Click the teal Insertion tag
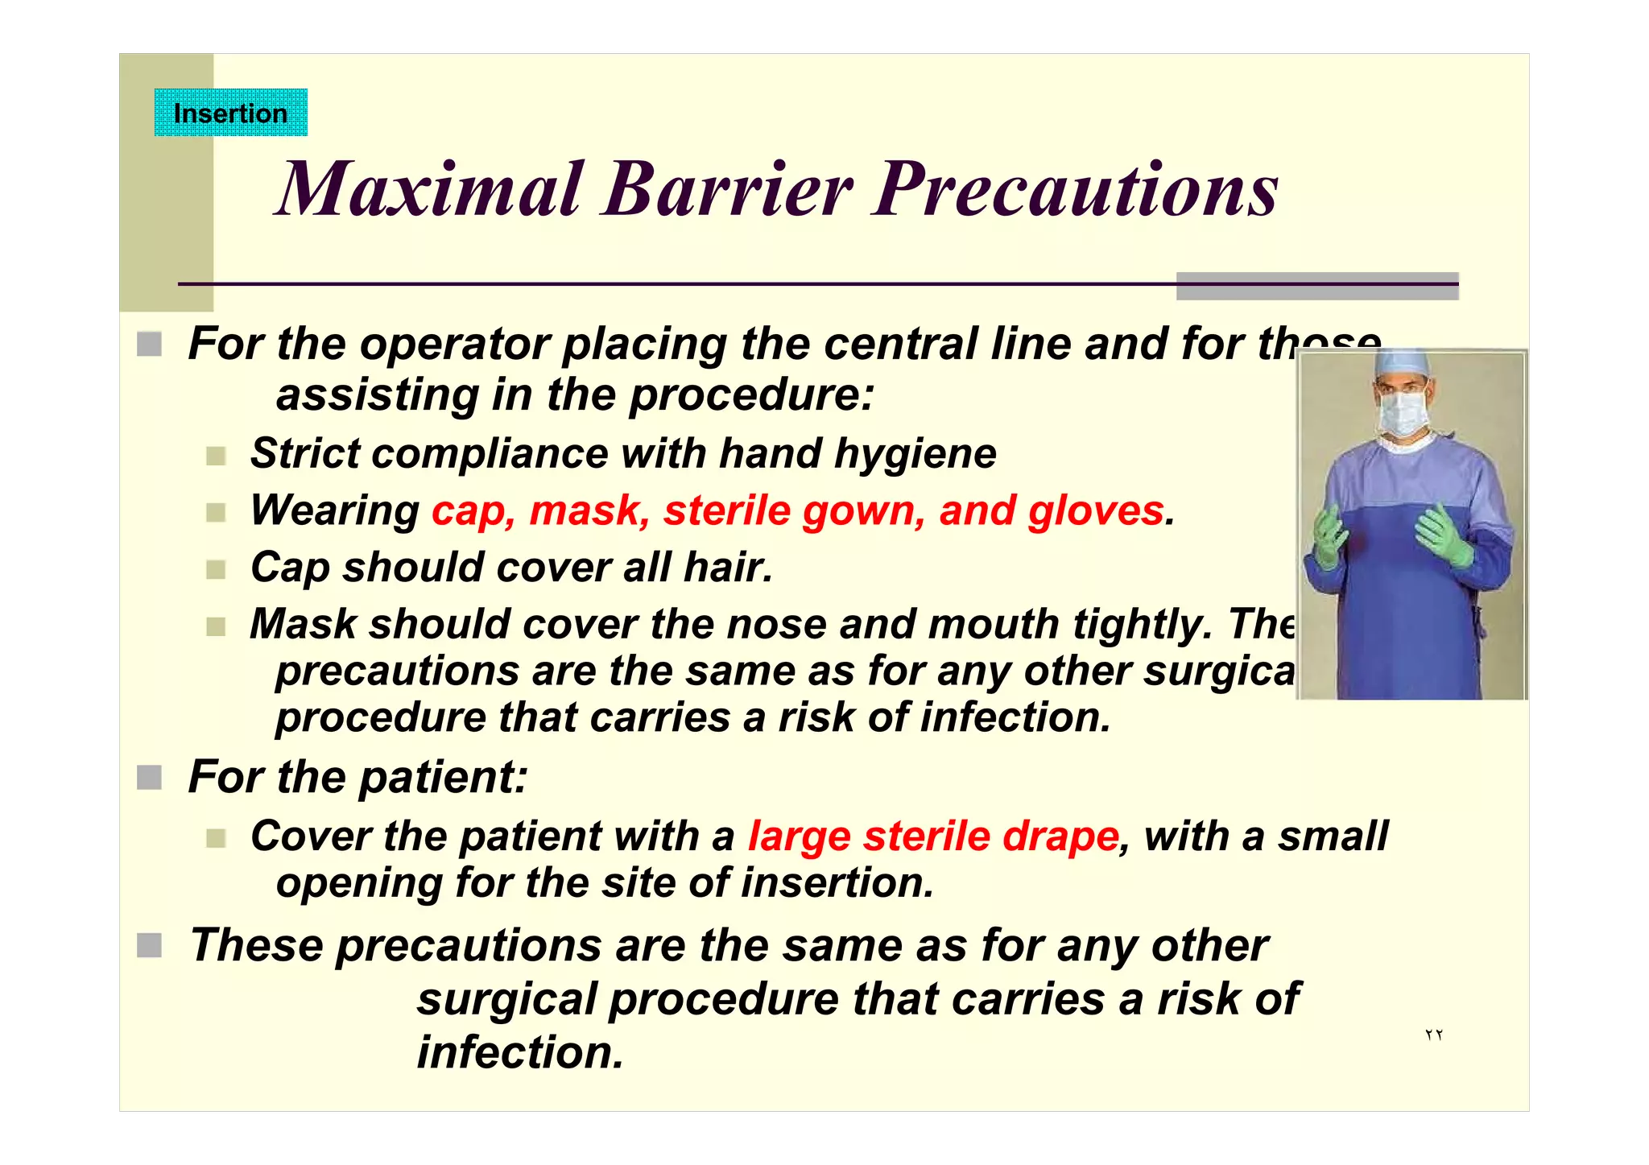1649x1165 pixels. [230, 113]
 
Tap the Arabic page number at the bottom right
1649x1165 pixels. [1433, 1035]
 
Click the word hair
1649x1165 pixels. [727, 567]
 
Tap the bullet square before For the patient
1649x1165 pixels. [149, 778]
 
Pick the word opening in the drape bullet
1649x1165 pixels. [358, 883]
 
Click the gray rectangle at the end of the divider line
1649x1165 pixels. [1317, 286]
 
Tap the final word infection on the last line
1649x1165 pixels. [520, 1052]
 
